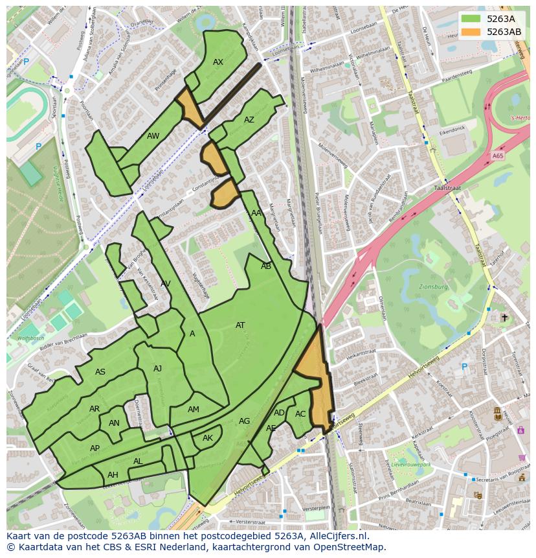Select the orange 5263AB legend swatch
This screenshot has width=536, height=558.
pyautogui.click(x=471, y=32)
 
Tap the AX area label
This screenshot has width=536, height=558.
pyautogui.click(x=218, y=62)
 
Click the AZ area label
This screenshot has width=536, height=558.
pyautogui.click(x=249, y=120)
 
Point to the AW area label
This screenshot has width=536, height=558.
pyautogui.click(x=153, y=136)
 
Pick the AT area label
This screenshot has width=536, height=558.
pyautogui.click(x=240, y=325)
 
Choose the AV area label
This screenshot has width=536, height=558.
pyautogui.click(x=166, y=284)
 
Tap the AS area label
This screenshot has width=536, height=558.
pyautogui.click(x=100, y=372)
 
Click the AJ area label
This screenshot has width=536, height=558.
pyautogui.click(x=157, y=369)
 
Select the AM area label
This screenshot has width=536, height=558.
pyautogui.click(x=194, y=410)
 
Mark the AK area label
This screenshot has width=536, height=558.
pyautogui.click(x=208, y=438)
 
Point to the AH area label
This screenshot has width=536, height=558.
pyautogui.click(x=113, y=475)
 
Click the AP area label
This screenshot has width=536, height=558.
pyautogui.click(x=95, y=448)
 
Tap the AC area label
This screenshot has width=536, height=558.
pyautogui.click(x=300, y=414)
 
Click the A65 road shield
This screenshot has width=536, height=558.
pyautogui.click(x=497, y=156)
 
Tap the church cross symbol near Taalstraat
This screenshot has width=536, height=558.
pyautogui.click(x=505, y=318)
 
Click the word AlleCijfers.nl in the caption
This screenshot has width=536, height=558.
pyautogui.click(x=336, y=536)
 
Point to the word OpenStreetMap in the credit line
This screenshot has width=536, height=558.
pyautogui.click(x=352, y=547)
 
